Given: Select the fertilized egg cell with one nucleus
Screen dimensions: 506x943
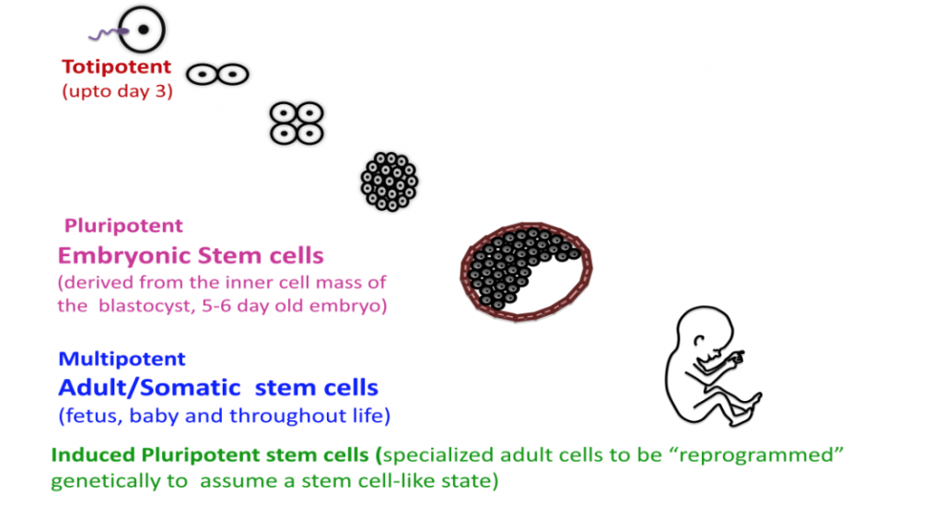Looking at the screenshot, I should [x=143, y=30].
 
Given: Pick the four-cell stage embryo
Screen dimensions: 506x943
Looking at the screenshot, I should [x=297, y=123].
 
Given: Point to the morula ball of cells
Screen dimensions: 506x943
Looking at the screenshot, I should [x=389, y=180].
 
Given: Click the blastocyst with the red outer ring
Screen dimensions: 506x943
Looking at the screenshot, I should [x=526, y=268].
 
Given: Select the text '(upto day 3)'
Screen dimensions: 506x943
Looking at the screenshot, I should [x=117, y=91].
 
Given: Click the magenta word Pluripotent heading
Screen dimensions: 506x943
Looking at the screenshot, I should [x=123, y=226].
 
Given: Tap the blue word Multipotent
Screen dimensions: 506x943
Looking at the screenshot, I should [x=122, y=359].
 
